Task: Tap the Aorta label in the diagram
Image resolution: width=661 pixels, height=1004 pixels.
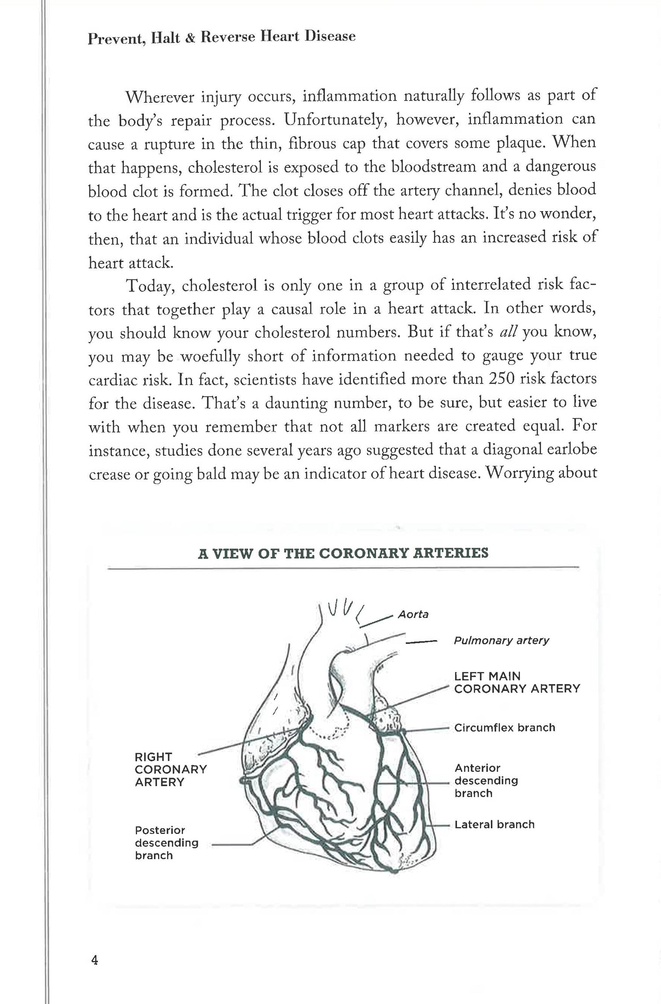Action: [413, 614]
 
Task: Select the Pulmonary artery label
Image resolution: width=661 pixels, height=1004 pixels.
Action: [501, 640]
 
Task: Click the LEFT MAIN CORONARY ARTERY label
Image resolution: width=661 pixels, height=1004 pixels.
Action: [517, 682]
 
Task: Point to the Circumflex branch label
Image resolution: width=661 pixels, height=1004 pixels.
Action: [505, 727]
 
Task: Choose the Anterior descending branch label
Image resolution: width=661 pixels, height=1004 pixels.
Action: [486, 781]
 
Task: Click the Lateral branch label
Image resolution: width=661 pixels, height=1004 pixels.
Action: [494, 824]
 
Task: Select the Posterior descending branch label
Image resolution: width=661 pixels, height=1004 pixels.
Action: [167, 843]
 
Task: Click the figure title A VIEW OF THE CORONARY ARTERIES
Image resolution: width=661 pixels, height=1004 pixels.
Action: [343, 553]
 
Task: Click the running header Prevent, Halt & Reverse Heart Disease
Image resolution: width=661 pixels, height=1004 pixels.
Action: [222, 37]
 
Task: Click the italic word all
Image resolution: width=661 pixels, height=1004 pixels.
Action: [510, 331]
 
